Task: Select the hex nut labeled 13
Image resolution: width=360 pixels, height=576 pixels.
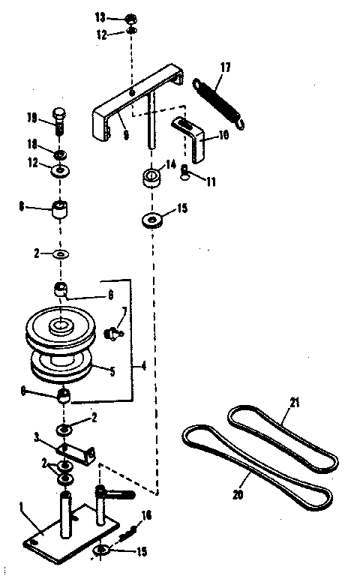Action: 130,18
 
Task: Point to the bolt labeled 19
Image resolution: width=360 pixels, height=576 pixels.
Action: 61,121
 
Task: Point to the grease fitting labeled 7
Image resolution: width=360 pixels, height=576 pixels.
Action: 115,330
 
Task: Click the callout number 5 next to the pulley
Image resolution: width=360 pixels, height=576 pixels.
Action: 112,370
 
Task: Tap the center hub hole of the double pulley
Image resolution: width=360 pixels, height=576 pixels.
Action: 58,326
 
